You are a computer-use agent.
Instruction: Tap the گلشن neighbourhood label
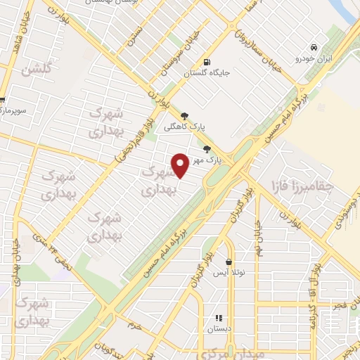click(x=36, y=70)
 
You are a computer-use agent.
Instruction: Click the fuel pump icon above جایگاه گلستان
click(x=205, y=61)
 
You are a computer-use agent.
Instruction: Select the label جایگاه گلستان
click(x=207, y=72)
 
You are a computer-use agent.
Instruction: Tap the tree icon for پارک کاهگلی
click(x=184, y=116)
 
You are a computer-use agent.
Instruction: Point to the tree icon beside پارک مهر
click(x=206, y=149)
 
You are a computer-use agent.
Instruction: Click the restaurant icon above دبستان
click(x=219, y=318)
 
